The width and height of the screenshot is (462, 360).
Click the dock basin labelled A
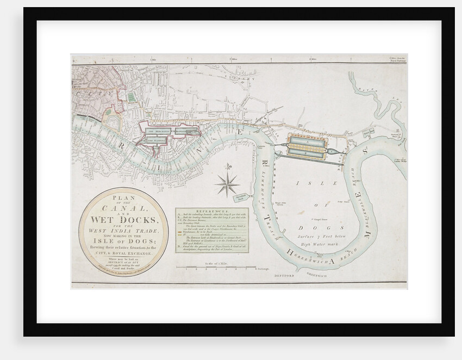coord(308,139)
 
